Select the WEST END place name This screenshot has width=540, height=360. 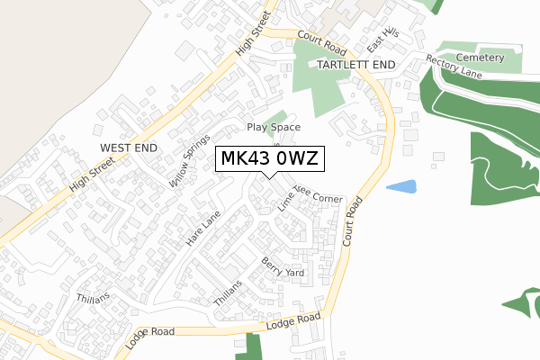pos(130,147)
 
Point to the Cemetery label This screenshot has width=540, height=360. pos(480,58)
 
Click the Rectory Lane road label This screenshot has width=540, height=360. pos(454,69)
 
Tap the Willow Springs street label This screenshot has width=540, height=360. pos(186,166)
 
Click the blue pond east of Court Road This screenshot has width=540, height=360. pos(401,187)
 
